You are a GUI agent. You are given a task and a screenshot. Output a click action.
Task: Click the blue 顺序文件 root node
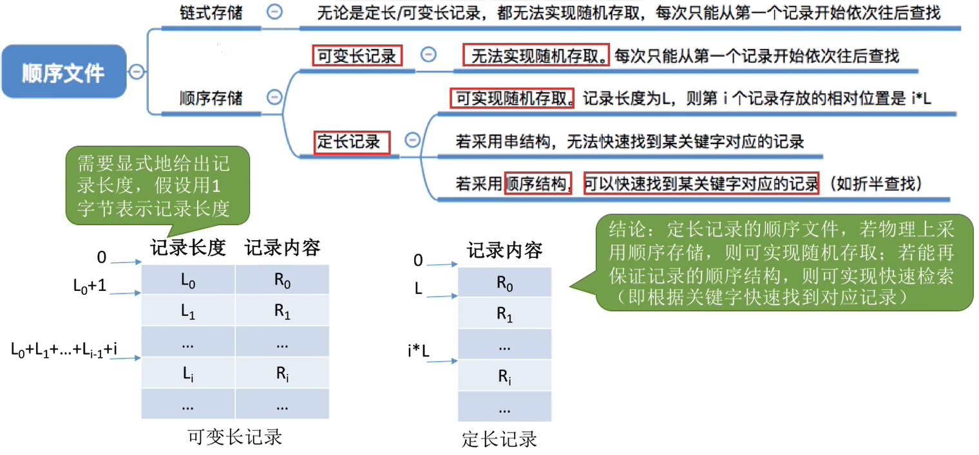point(63,71)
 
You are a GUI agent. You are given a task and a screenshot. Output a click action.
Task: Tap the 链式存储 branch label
point(211,13)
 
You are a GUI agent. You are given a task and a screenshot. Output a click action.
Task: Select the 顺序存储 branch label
point(211,98)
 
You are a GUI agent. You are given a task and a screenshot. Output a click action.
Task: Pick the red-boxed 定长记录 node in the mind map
point(352,142)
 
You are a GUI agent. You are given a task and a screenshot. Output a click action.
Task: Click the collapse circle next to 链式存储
point(275,12)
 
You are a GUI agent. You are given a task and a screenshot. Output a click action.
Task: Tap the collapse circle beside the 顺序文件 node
point(137,71)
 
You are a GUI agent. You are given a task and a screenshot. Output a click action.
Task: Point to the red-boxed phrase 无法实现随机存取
point(536,56)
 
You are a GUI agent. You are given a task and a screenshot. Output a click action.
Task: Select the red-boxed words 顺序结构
point(538,183)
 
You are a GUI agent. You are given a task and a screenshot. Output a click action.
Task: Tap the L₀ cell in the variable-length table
point(188,280)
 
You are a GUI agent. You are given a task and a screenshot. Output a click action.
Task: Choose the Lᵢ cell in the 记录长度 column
point(188,374)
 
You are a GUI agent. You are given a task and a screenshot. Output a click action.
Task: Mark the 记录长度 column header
point(188,248)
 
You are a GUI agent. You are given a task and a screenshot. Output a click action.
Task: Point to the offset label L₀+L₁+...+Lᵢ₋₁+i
point(63,349)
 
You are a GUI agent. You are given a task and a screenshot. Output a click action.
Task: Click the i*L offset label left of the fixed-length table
point(419,351)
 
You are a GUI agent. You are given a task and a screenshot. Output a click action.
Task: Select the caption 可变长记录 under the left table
point(235,437)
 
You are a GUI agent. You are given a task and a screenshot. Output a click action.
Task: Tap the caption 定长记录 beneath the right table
point(499,440)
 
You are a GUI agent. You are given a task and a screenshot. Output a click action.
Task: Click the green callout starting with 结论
point(781,262)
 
